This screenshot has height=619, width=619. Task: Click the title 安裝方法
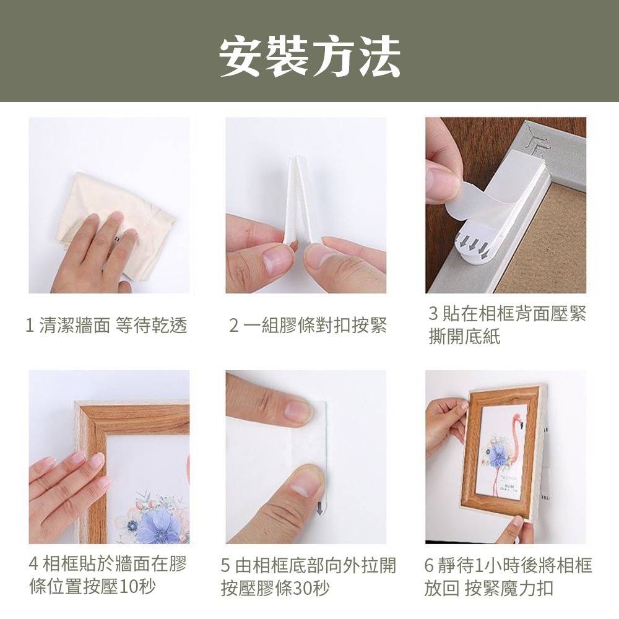tap(309, 56)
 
